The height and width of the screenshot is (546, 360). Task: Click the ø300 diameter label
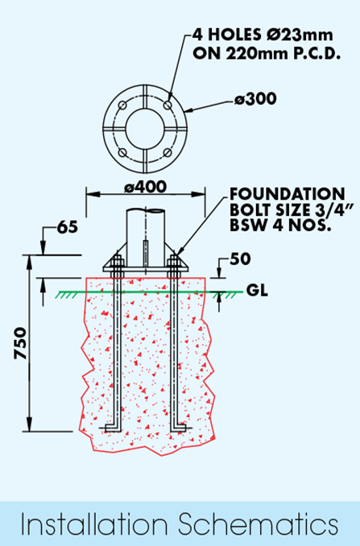point(255,99)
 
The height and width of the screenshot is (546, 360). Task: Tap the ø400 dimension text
point(146,187)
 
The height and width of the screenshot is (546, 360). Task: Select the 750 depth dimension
point(20,343)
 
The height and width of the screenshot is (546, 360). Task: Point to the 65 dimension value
point(68,227)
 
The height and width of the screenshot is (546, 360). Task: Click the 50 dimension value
point(240,259)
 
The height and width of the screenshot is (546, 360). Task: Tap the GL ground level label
point(257,290)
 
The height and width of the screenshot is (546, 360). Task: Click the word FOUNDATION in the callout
point(288,194)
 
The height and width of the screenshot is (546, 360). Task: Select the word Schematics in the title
point(259,524)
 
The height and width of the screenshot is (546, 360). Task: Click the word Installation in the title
point(94,524)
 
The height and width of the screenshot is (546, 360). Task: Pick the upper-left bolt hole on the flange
point(122,105)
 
